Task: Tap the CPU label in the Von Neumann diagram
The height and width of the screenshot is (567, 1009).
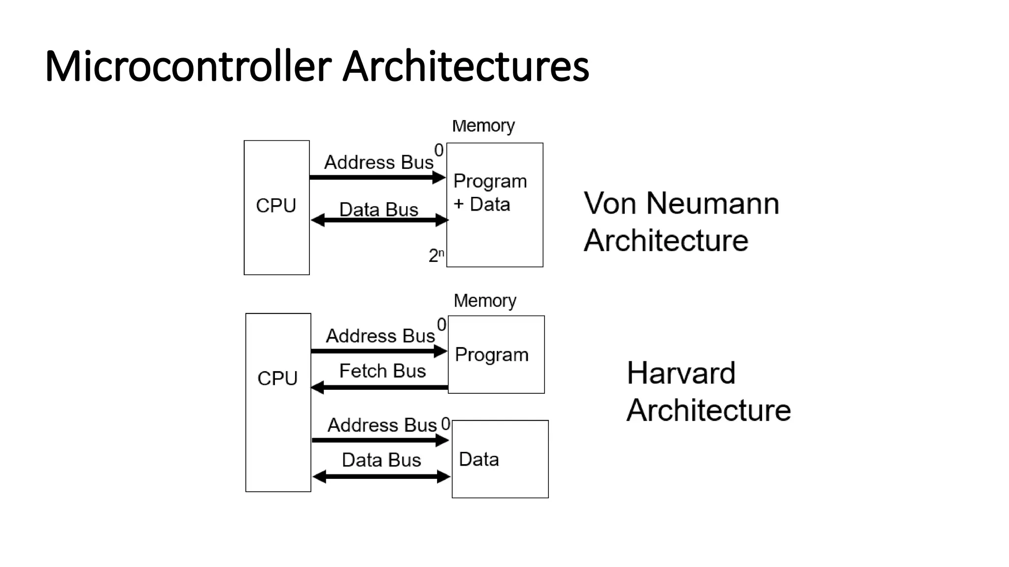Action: (276, 206)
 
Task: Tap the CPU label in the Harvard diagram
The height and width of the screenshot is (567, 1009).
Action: (277, 378)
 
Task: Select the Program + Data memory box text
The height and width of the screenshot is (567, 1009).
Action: (490, 192)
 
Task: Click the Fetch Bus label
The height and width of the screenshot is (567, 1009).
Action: (382, 371)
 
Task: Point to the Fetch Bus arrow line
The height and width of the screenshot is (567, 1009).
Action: (379, 388)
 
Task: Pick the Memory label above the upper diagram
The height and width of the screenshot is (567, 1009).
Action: (483, 126)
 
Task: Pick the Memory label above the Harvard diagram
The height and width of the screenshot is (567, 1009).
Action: (485, 301)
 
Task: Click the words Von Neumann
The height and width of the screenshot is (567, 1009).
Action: (681, 203)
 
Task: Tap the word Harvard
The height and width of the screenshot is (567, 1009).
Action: (681, 373)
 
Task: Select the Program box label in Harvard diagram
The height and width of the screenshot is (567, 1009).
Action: (491, 355)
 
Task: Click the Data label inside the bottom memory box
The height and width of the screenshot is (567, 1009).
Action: (478, 460)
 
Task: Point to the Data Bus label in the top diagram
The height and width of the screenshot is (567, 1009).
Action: (378, 210)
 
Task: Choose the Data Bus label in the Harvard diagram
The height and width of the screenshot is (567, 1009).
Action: (381, 460)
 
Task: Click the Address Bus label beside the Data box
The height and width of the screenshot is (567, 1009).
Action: (382, 425)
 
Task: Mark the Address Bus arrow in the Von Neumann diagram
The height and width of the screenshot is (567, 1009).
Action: (377, 177)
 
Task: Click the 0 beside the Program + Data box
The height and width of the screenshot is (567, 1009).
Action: (438, 150)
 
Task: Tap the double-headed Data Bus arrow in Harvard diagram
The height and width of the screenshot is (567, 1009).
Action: (381, 476)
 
